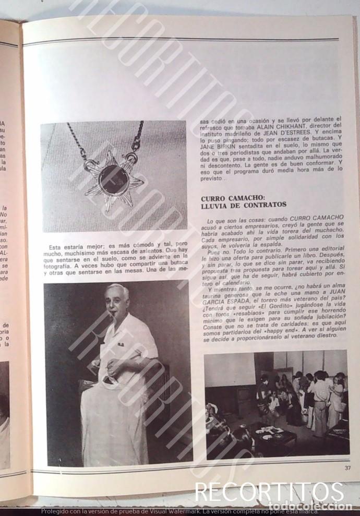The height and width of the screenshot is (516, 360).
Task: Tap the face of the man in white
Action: [x=117, y=302]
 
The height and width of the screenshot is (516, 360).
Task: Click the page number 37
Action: [x=347, y=467]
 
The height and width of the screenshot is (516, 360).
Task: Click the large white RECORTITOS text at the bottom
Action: [x=269, y=493]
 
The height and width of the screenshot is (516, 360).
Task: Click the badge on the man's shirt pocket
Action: [x=121, y=344]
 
